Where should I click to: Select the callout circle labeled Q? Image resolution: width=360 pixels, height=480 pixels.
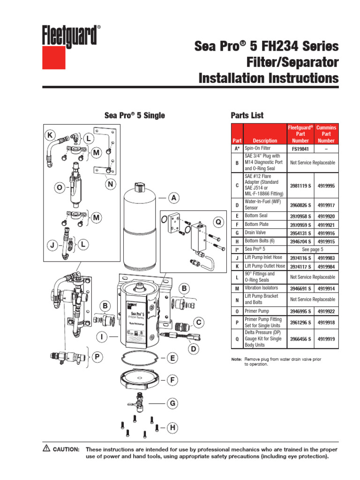(x=217, y=221)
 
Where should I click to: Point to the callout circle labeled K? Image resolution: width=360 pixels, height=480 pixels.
(x=50, y=135)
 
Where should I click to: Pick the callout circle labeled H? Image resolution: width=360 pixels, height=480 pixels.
(x=172, y=427)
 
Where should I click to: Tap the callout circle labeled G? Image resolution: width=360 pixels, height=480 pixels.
(x=172, y=403)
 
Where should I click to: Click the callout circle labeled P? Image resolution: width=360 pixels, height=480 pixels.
(x=97, y=358)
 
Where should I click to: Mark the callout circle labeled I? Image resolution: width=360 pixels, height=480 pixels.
(x=101, y=337)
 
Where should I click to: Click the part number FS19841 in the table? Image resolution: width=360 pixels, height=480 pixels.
(x=300, y=149)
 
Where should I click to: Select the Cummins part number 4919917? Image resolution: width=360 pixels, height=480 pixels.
(x=326, y=204)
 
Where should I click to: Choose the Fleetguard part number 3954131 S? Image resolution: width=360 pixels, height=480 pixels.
(x=300, y=232)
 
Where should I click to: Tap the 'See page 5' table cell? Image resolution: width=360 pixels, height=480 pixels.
(x=313, y=249)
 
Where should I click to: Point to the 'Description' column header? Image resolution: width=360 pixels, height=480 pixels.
(x=265, y=140)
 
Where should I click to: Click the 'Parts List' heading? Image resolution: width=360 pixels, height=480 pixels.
(x=247, y=115)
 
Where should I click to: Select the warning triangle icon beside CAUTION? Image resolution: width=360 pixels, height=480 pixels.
(x=46, y=448)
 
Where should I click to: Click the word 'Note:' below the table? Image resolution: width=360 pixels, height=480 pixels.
(x=236, y=359)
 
